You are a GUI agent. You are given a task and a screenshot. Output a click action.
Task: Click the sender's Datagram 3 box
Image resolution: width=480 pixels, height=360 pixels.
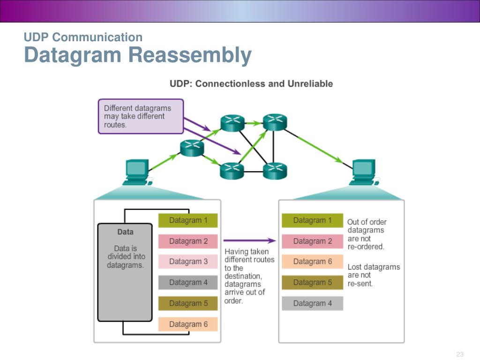[188, 262]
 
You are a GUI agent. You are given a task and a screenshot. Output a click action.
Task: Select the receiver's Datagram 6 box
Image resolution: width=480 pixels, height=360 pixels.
[312, 262]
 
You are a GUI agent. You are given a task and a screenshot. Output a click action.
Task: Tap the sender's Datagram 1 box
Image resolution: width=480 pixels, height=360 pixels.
[188, 220]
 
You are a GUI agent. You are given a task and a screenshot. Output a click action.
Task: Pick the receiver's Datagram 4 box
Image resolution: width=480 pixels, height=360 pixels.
[312, 303]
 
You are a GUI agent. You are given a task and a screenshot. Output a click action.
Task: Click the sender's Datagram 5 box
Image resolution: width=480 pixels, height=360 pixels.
[188, 303]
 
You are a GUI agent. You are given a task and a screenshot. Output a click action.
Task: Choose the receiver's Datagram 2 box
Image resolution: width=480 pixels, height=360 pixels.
[312, 241]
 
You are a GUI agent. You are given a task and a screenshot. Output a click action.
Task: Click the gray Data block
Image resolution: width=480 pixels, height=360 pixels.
[125, 272]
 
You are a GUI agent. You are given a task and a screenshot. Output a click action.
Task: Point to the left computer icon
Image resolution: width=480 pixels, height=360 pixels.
[137, 172]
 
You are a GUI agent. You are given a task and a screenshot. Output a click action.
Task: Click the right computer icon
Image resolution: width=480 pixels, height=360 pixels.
[364, 172]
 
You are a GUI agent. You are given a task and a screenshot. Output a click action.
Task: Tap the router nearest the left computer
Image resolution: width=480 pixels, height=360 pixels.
[192, 148]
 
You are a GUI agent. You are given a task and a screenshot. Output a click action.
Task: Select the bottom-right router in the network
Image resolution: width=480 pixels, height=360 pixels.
[275, 171]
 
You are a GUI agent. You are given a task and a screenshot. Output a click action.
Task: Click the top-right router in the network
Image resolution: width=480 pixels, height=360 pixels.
[275, 122]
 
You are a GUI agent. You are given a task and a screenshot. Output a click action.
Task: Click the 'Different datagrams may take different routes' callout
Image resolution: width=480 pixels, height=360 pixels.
[141, 116]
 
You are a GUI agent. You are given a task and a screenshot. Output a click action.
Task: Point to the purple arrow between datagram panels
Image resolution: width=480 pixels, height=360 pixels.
[249, 240]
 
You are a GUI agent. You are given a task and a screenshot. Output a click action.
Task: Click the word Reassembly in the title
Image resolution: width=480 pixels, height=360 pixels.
[190, 55]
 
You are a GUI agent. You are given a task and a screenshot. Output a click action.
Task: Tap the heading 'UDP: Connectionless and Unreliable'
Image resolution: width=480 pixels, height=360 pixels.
[251, 83]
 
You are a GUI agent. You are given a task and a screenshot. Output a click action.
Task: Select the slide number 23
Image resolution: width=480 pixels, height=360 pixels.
[460, 354]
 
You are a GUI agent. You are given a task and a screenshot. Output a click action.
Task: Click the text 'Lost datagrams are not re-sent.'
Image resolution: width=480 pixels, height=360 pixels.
[374, 275]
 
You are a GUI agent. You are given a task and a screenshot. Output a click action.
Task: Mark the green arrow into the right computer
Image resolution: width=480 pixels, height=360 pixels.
[320, 149]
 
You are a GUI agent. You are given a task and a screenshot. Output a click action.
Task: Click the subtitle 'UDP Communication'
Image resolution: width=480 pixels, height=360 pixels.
[83, 37]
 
